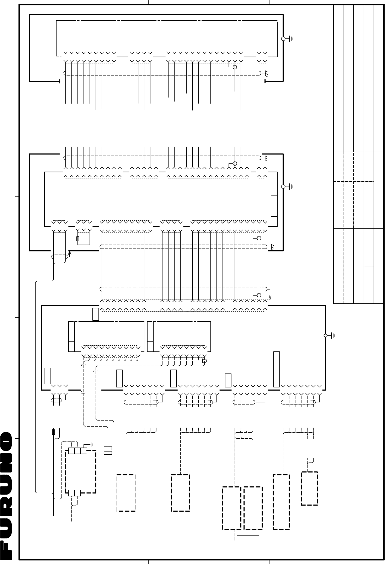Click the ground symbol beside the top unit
click(x=290, y=39)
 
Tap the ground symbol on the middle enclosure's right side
click(x=290, y=187)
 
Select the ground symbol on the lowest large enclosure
click(x=332, y=335)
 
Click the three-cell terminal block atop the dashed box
click(x=77, y=451)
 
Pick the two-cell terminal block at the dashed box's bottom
click(x=74, y=493)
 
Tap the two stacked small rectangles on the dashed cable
click(x=108, y=450)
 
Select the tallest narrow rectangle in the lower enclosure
click(x=276, y=369)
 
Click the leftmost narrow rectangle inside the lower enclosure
click(x=47, y=376)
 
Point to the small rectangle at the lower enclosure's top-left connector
click(x=96, y=314)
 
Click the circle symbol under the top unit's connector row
click(x=235, y=67)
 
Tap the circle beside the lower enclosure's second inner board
click(x=204, y=361)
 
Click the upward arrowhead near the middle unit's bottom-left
click(x=69, y=253)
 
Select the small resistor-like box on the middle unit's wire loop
click(x=77, y=239)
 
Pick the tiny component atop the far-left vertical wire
click(x=53, y=432)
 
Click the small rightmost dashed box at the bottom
click(x=309, y=489)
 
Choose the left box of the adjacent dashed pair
click(x=231, y=508)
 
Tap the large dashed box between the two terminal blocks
click(x=81, y=472)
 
